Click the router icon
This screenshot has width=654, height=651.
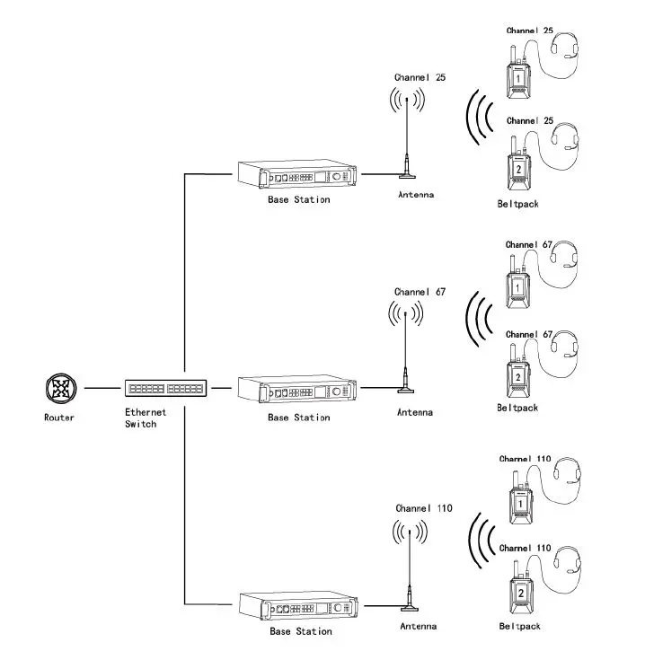pyautogui.click(x=61, y=390)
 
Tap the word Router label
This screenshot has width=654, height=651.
pyautogui.click(x=60, y=418)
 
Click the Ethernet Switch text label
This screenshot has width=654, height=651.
pyautogui.click(x=141, y=418)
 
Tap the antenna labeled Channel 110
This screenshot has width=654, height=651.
pyautogui.click(x=411, y=566)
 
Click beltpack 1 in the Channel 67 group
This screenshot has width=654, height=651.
pyautogui.click(x=518, y=285)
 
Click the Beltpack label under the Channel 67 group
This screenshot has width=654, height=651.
pyautogui.click(x=517, y=408)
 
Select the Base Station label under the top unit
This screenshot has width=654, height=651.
pyautogui.click(x=299, y=199)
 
